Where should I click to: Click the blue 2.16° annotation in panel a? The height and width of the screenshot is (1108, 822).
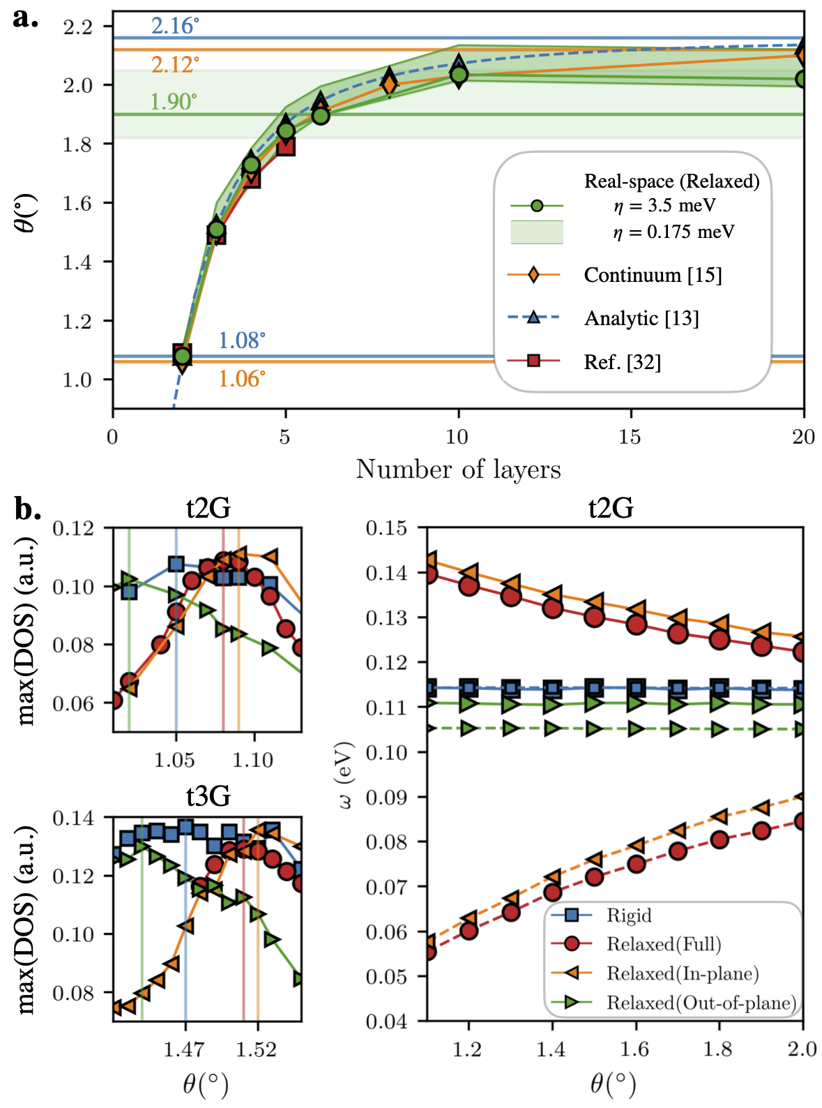coord(175,26)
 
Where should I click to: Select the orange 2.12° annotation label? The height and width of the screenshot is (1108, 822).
coord(175,65)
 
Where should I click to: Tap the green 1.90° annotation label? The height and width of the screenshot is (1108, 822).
coord(174,102)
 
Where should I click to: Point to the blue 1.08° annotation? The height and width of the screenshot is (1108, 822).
coord(241,340)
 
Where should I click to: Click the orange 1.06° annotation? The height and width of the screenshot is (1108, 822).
coord(241,379)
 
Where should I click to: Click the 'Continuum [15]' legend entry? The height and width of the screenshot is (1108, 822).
coord(653,275)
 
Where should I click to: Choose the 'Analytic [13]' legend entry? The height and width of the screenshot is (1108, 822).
coord(641,318)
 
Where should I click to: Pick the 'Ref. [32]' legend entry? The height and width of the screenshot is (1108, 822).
coord(622,361)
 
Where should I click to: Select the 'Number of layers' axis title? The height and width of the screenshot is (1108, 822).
coord(458,470)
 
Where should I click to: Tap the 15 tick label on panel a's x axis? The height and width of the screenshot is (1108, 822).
coord(630,437)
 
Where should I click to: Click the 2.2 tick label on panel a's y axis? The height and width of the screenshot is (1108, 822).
coord(77,27)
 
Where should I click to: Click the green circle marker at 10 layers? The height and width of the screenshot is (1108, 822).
coord(459,75)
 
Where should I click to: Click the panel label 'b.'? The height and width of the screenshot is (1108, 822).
coord(28,509)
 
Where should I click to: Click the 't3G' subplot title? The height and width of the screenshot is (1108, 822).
coord(208,796)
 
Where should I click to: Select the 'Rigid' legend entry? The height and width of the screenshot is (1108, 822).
coord(629,915)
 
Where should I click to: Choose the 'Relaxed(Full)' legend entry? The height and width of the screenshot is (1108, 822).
coord(664,944)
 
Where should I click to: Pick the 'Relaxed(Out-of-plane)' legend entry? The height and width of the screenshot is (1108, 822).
coord(701,1003)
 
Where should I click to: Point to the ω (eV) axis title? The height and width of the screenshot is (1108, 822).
coord(347,774)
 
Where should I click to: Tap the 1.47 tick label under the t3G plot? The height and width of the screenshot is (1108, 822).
coord(184,1049)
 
